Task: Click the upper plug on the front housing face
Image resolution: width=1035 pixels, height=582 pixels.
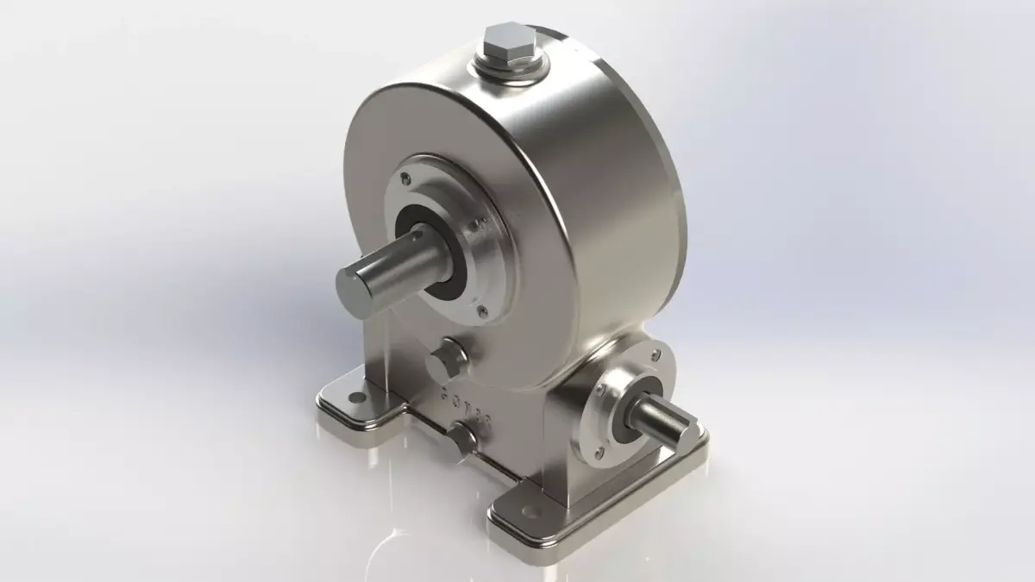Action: click(x=445, y=360)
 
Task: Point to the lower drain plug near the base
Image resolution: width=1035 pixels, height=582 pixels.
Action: click(x=461, y=438)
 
